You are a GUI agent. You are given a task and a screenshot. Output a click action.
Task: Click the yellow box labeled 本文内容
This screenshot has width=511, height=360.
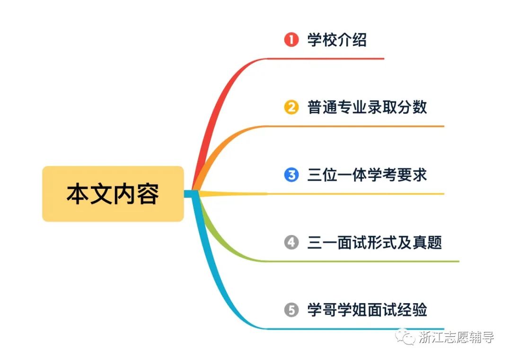[113, 193]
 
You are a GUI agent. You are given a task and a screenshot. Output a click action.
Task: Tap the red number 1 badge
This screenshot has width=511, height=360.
[291, 40]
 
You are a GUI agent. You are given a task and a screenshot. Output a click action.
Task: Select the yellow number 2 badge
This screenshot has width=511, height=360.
[291, 107]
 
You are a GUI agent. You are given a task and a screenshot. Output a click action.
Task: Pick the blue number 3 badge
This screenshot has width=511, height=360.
[291, 175]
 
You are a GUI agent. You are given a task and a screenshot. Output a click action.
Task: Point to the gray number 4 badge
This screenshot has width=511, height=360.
[291, 243]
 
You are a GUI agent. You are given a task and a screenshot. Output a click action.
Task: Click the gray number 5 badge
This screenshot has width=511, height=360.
[291, 310]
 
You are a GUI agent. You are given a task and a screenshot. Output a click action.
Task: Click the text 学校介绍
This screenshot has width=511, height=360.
[337, 40]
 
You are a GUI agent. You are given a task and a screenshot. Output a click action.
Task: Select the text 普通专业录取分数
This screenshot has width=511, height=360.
[367, 107]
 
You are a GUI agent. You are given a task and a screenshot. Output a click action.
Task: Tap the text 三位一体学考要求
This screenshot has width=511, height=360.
[367, 175]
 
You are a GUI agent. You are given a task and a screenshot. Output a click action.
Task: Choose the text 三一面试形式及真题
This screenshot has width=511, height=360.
[374, 243]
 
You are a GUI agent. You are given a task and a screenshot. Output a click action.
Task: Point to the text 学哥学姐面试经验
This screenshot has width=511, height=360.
[367, 310]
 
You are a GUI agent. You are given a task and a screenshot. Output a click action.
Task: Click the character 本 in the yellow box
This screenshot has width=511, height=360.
[75, 194]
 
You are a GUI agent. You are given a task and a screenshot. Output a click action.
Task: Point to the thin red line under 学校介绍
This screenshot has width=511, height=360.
[331, 59]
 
